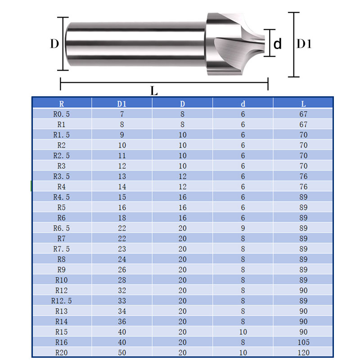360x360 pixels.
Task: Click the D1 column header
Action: (121, 104)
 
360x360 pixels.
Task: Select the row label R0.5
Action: (61, 114)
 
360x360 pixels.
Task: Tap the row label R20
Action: (61, 352)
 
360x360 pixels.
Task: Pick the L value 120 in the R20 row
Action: (303, 352)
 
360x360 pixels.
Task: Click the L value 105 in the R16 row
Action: (303, 342)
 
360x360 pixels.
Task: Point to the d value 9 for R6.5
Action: (243, 228)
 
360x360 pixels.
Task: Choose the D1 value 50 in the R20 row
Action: (122, 352)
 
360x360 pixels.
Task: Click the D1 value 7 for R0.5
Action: (122, 114)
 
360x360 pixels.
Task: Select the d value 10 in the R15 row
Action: (243, 332)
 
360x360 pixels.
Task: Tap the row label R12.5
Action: (61, 301)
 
